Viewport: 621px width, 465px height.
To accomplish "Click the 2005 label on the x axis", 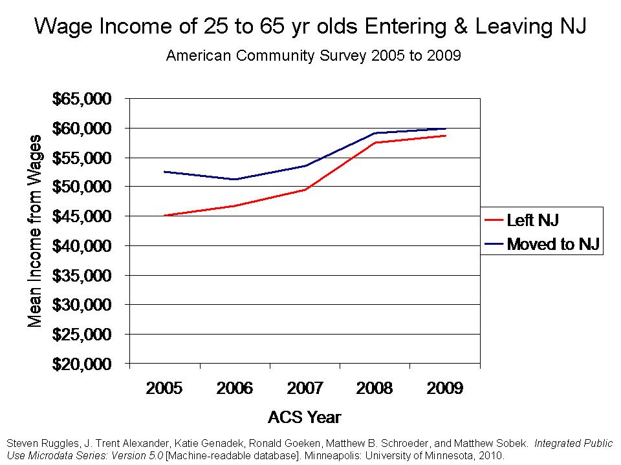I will (x=164, y=388).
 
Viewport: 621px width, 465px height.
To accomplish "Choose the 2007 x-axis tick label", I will (x=304, y=388).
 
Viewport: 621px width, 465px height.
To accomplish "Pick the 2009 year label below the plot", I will (x=444, y=388).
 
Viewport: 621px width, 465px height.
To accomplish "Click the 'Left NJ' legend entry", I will (x=532, y=220).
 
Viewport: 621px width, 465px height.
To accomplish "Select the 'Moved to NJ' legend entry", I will (x=554, y=243).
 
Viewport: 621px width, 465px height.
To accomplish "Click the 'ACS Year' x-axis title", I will (x=304, y=417).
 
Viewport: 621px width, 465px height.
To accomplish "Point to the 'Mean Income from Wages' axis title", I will (x=36, y=231).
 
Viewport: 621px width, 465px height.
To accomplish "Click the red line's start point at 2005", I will (x=165, y=215).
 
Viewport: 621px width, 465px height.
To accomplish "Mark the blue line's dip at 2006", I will (x=235, y=180).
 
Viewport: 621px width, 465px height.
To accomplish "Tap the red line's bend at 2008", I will (x=375, y=142).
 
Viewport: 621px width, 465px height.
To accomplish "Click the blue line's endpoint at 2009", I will (x=445, y=129).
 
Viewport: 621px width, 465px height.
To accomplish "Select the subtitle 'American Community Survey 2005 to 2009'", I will (x=313, y=56).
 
